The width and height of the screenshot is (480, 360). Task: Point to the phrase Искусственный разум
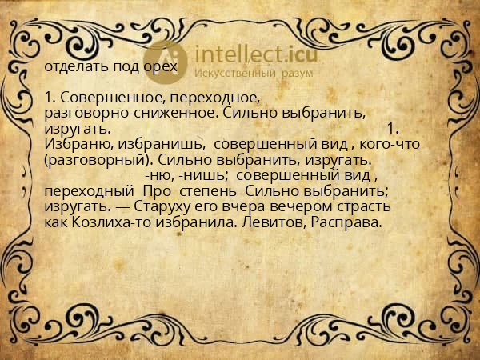click(245, 74)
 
